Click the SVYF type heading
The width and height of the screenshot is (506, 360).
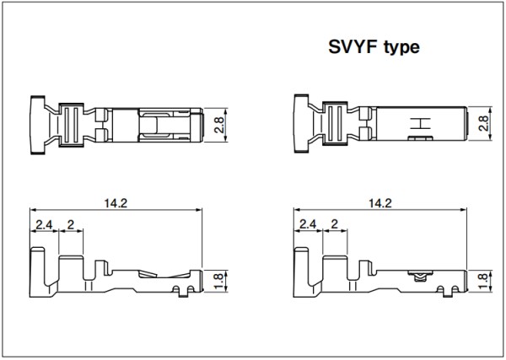(374, 48)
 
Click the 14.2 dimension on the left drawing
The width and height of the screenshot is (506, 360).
(116, 203)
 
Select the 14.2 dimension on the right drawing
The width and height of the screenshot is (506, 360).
(379, 203)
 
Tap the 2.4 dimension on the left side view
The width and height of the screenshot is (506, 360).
(44, 224)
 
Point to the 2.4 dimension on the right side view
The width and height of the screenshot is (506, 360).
(308, 224)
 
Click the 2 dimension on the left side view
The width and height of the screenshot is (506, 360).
(70, 224)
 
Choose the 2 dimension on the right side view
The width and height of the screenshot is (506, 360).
(334, 224)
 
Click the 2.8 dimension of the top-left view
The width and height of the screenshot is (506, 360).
(218, 125)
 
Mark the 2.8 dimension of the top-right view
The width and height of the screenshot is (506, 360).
(483, 123)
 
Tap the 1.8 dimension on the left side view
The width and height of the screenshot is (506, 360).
(218, 281)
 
